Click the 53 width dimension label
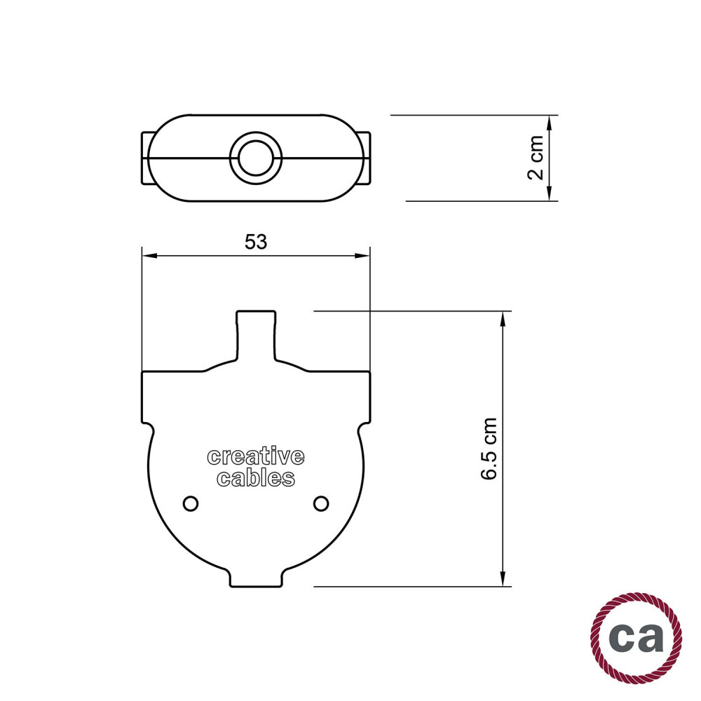pyautogui.click(x=256, y=242)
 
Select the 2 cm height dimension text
pyautogui.click(x=536, y=157)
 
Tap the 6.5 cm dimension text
pyautogui.click(x=489, y=449)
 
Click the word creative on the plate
pyautogui.click(x=256, y=456)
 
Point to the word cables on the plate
pyautogui.click(x=256, y=477)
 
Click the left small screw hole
pyautogui.click(x=191, y=503)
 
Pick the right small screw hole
pyautogui.click(x=321, y=503)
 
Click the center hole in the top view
pyautogui.click(x=256, y=158)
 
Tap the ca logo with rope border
pyautogui.click(x=637, y=637)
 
